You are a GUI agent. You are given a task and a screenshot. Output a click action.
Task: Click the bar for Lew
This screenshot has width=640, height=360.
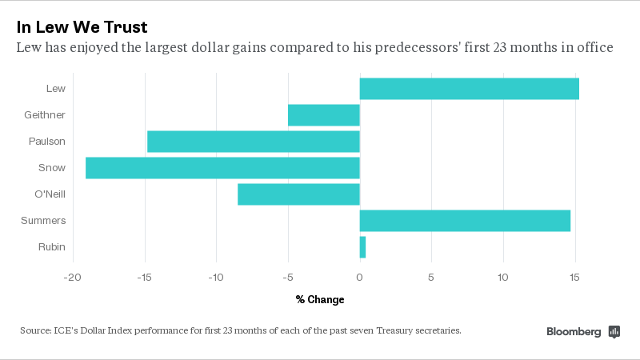click(469, 89)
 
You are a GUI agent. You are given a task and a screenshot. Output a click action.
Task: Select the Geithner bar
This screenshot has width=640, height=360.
click(324, 115)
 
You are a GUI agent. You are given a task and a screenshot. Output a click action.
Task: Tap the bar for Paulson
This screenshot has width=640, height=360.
click(254, 142)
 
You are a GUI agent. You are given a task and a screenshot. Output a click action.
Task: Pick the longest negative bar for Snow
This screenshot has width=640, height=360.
click(222, 168)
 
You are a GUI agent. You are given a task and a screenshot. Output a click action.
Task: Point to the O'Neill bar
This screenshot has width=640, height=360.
click(298, 194)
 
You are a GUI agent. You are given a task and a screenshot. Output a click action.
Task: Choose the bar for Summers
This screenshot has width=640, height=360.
click(465, 221)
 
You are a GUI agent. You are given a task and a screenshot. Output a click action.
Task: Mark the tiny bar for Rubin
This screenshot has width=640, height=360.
click(362, 247)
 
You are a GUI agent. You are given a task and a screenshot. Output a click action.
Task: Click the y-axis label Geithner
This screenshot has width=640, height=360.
click(46, 115)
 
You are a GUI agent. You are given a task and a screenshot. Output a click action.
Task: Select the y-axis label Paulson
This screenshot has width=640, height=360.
click(48, 142)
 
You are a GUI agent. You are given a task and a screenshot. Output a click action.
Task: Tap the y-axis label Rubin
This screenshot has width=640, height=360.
click(52, 247)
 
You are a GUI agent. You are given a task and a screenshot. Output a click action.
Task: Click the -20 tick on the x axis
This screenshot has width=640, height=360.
click(73, 278)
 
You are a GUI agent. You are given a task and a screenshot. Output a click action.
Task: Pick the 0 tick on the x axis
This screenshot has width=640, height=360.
click(360, 278)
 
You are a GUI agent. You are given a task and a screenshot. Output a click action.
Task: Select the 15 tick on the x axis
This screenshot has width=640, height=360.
click(574, 278)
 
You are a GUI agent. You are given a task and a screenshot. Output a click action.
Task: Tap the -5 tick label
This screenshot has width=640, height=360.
click(288, 278)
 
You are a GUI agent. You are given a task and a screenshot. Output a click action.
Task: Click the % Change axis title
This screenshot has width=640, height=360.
click(320, 300)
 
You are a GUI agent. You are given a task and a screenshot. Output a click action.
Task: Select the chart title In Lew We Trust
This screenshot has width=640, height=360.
click(82, 26)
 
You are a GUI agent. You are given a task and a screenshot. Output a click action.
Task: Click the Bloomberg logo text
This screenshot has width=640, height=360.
click(574, 331)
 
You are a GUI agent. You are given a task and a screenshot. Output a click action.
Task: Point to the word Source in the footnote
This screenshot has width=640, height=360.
click(36, 330)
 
